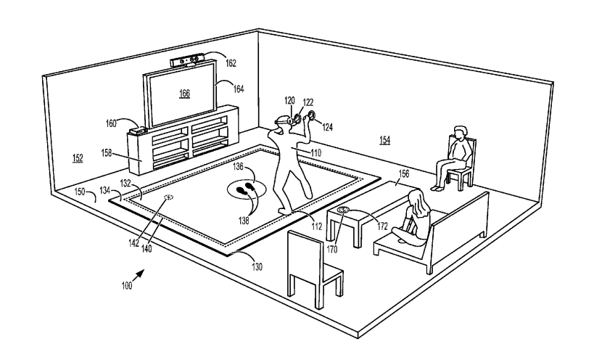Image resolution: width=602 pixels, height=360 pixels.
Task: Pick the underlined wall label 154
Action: coord(384,139)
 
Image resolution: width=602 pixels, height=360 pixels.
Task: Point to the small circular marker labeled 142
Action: coord(169,197)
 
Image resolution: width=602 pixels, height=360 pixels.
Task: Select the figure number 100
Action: coord(128,286)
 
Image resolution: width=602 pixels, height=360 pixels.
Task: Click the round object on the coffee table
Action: coord(344,210)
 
